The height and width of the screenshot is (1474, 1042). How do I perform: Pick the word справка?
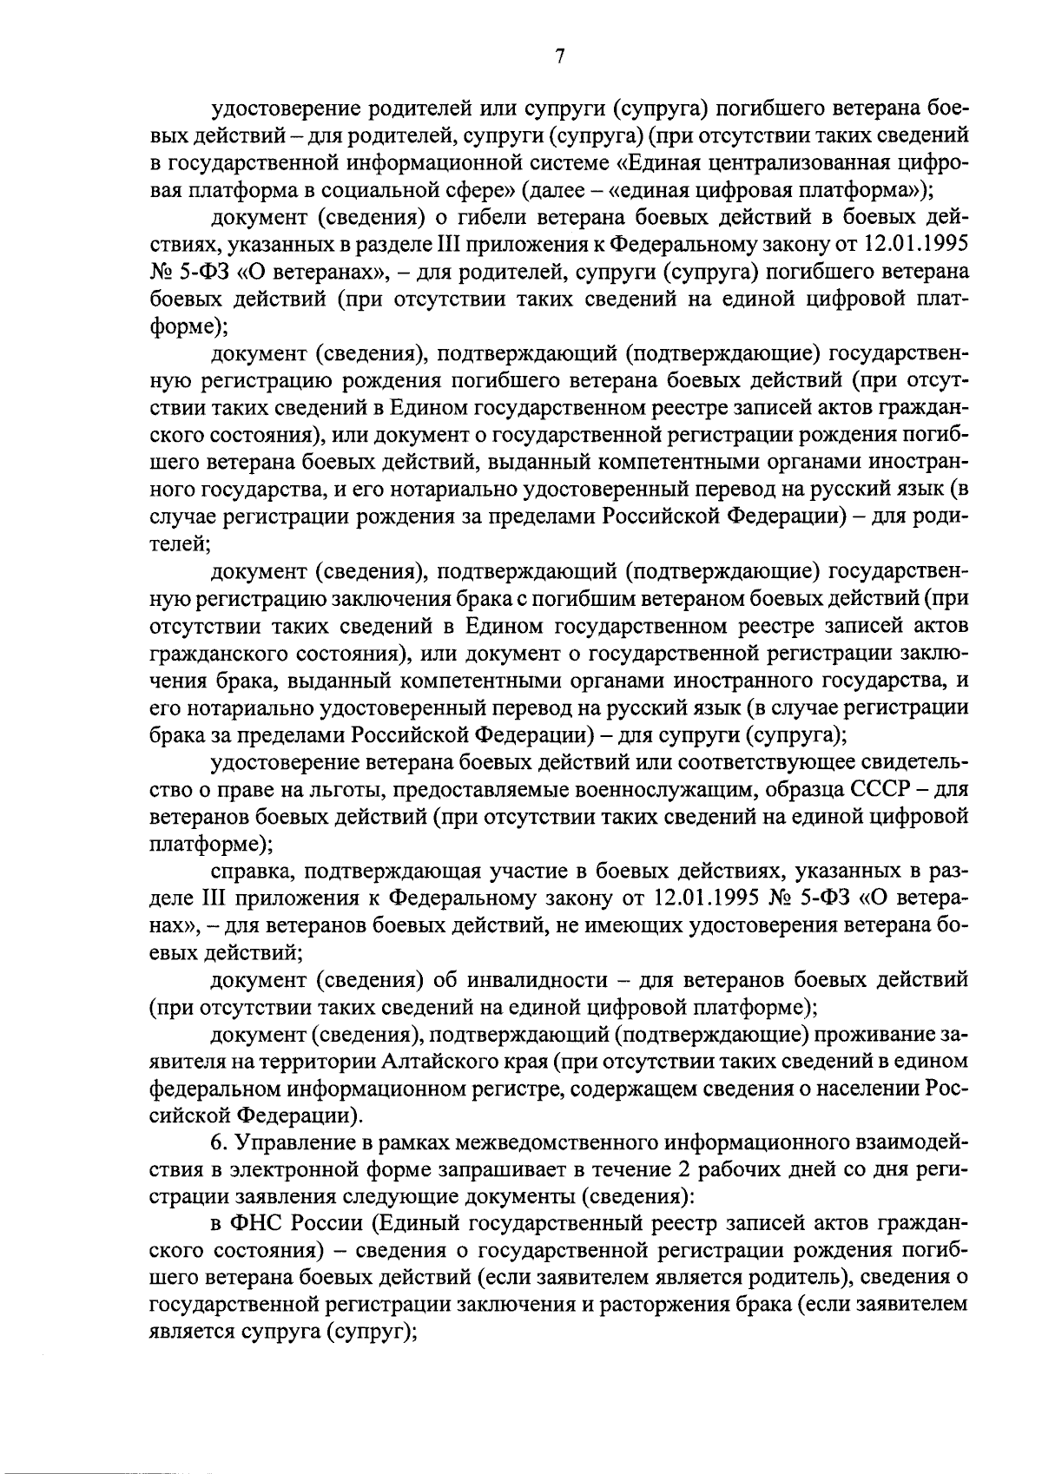pyautogui.click(x=248, y=871)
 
